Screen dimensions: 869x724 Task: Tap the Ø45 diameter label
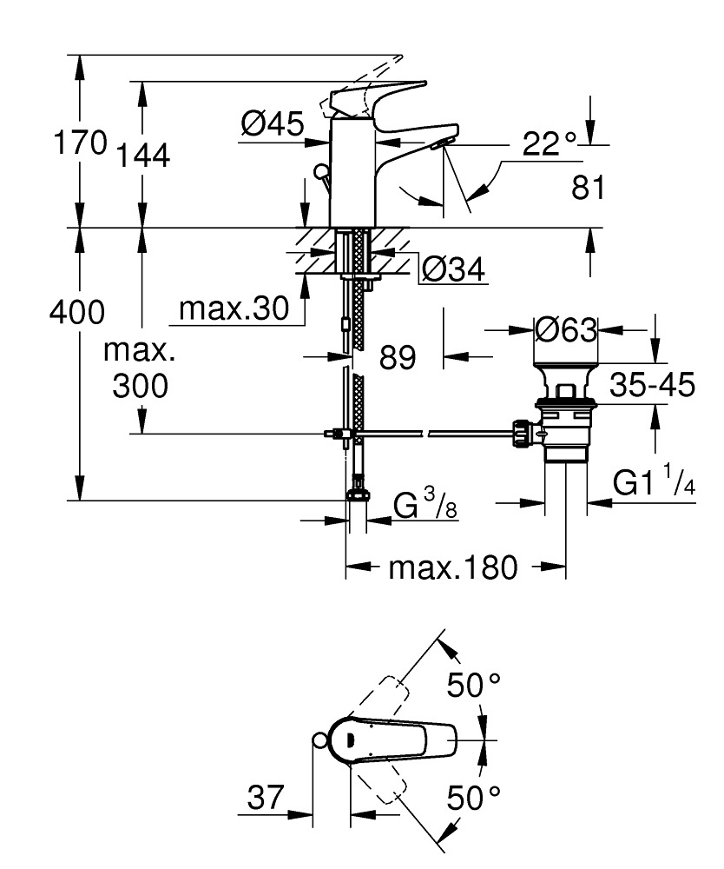click(x=273, y=125)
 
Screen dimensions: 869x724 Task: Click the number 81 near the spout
click(x=588, y=186)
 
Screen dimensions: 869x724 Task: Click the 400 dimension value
click(x=77, y=312)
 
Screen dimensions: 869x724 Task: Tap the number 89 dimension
click(x=398, y=357)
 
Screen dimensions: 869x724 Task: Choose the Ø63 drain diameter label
click(x=566, y=330)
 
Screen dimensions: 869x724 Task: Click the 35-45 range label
click(x=652, y=385)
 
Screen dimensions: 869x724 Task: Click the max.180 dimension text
click(x=452, y=569)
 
